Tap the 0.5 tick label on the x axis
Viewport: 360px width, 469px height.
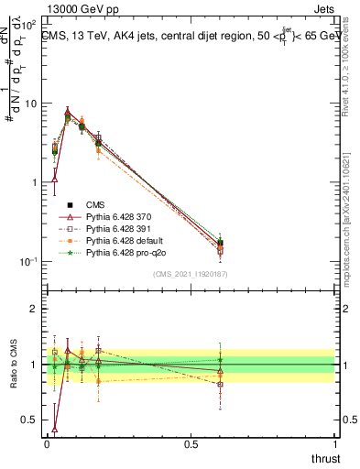click(x=191, y=444)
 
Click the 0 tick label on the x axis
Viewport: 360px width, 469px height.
click(x=48, y=444)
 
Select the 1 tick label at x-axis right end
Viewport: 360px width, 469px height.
click(x=335, y=444)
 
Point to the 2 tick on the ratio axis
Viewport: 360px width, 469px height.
click(x=34, y=309)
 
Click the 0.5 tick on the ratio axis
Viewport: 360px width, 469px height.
click(x=29, y=420)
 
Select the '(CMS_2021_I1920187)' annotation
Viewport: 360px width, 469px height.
click(x=190, y=273)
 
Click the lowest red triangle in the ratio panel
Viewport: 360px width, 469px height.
click(x=54, y=429)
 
